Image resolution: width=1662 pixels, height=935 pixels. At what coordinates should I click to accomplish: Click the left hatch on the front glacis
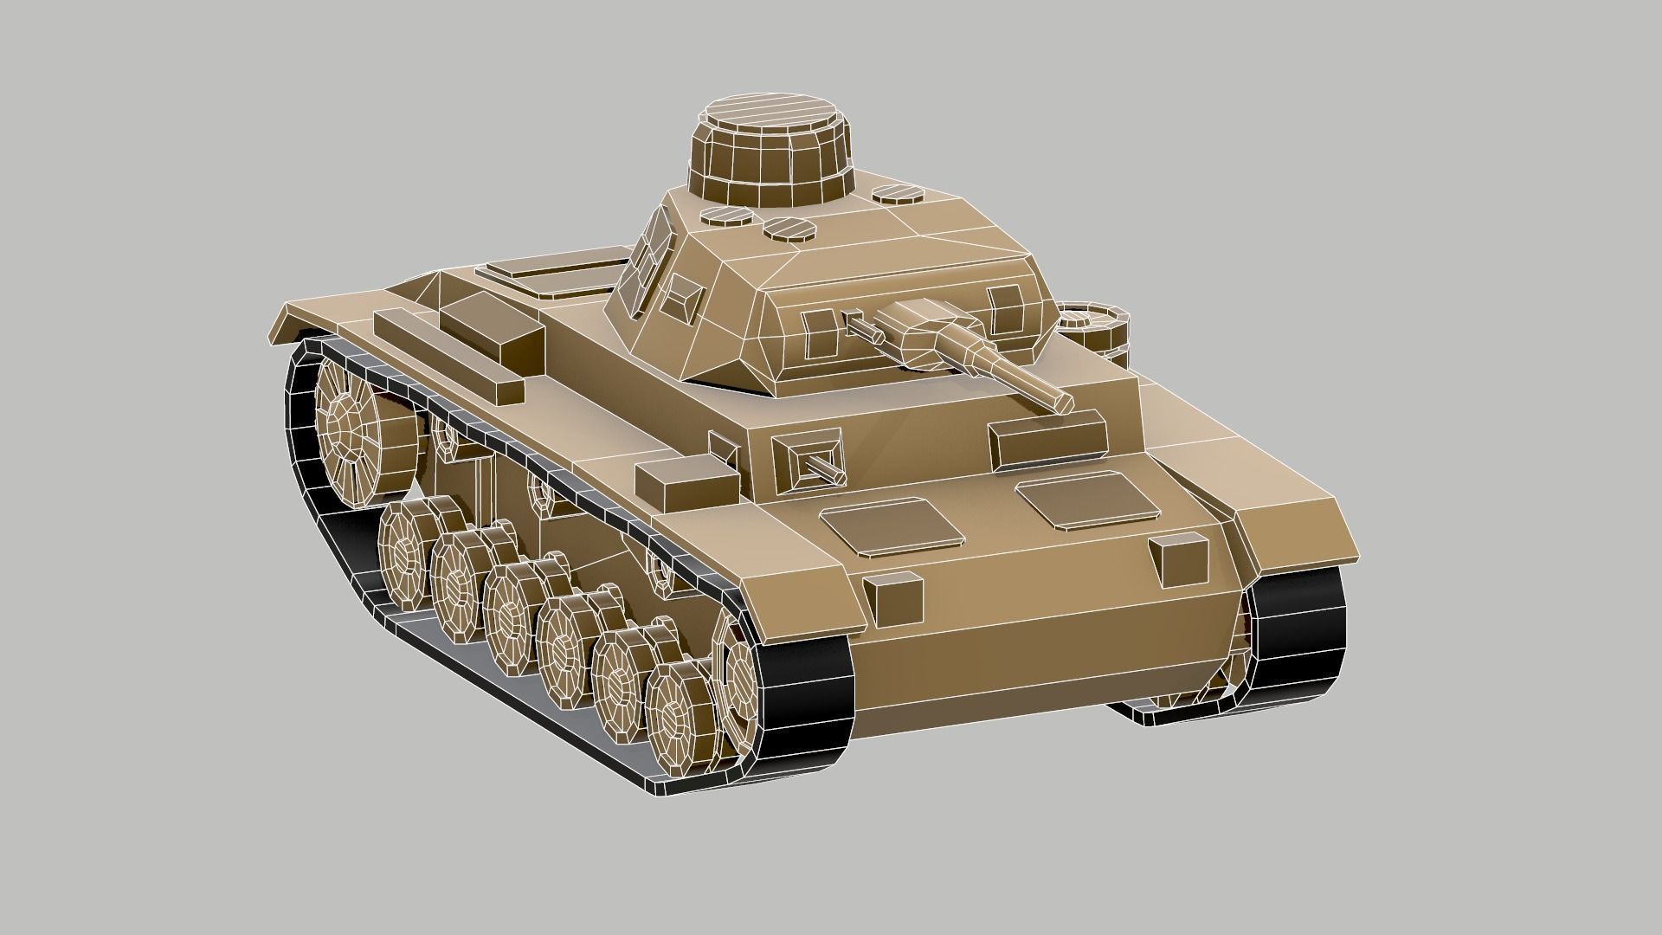(892, 526)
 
